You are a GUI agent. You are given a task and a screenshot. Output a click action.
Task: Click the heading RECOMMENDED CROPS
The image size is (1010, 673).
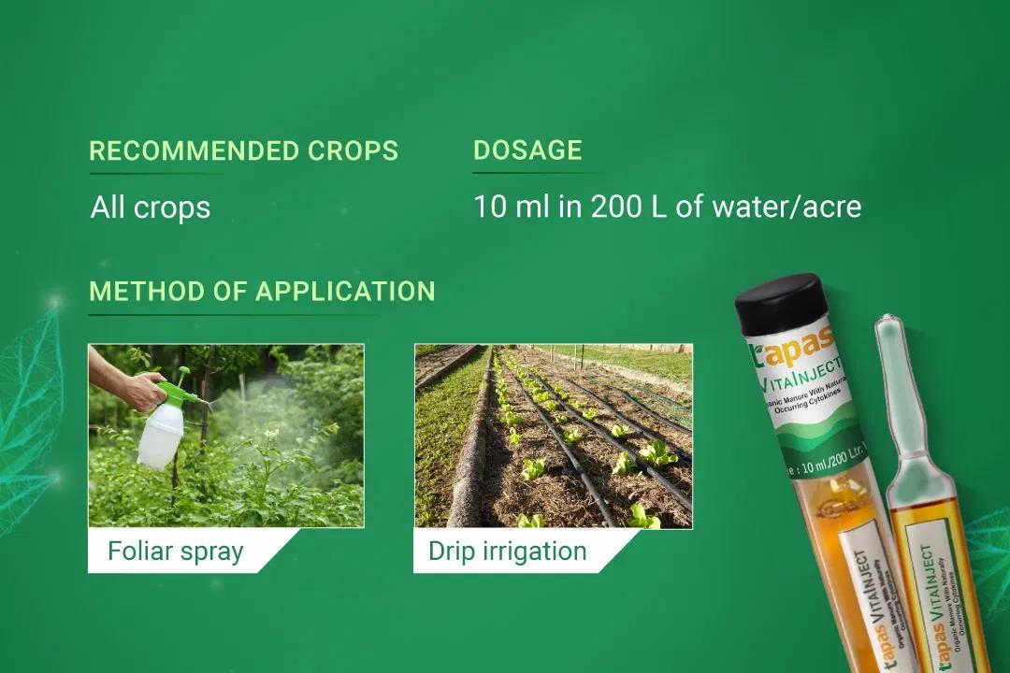coord(243,150)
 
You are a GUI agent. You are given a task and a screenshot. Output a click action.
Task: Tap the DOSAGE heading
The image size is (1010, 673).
coord(527,150)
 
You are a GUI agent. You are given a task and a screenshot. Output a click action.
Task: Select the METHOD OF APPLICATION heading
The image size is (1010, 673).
coord(262,291)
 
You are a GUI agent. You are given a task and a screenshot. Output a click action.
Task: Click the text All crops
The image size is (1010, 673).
coord(151,207)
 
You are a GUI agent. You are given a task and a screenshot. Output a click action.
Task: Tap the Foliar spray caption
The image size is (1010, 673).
coord(175,551)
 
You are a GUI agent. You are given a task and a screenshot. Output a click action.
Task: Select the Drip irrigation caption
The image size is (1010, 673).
coord(507,551)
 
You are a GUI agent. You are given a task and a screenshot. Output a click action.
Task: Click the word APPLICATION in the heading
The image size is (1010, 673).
coord(345,291)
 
